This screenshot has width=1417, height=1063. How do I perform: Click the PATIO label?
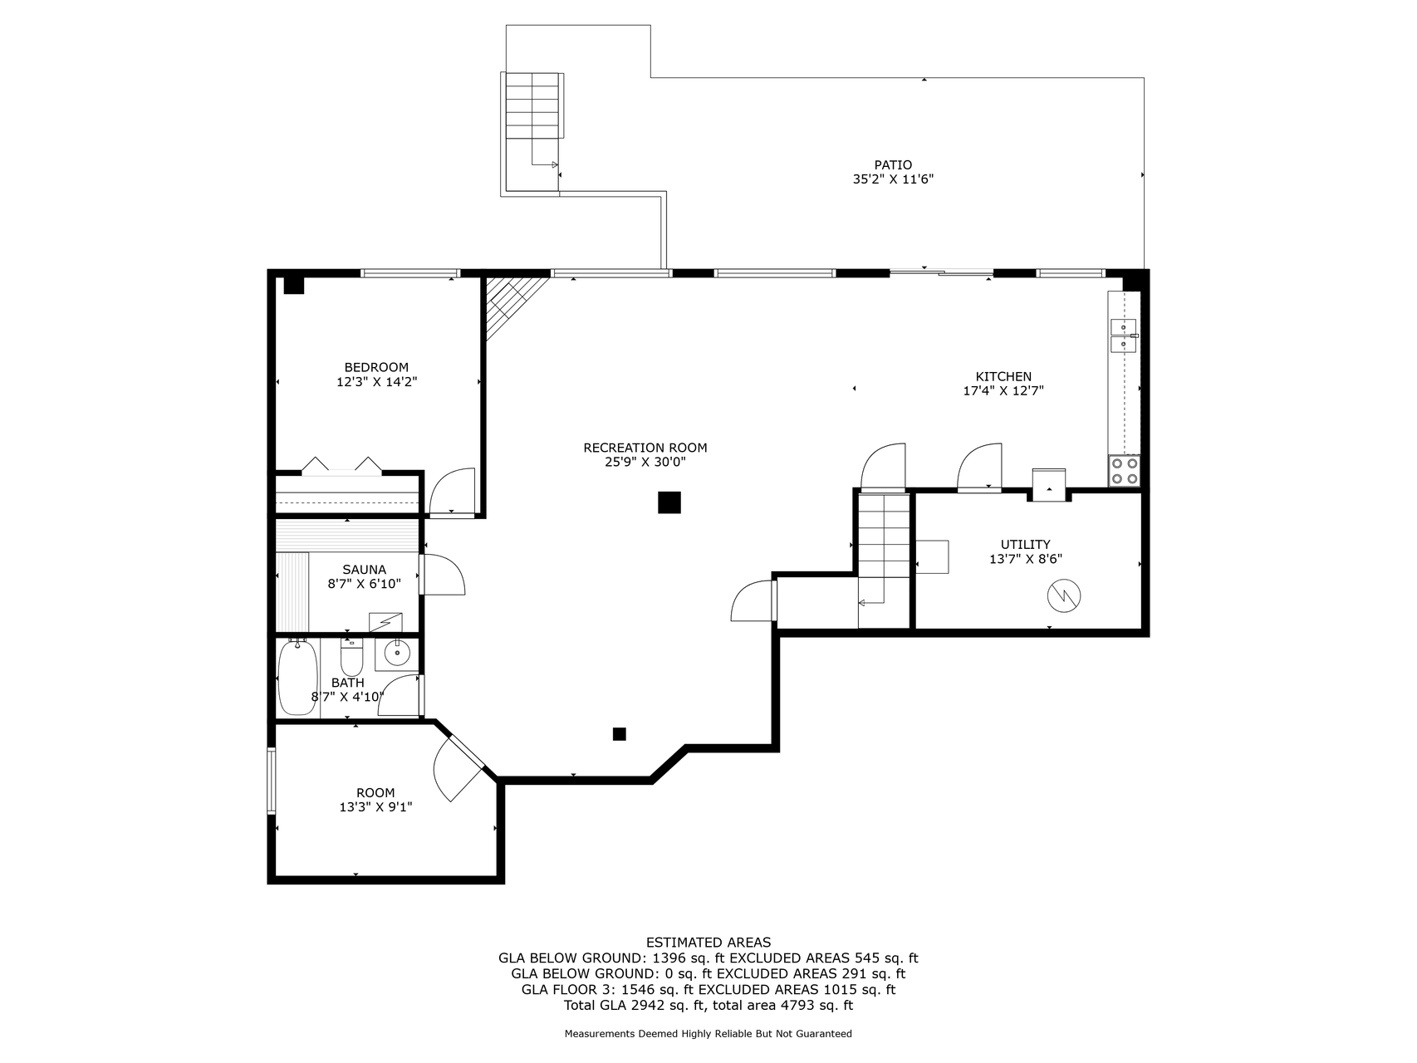click(893, 165)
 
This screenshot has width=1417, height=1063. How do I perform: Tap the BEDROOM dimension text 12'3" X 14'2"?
click(376, 382)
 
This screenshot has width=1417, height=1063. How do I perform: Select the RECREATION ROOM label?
click(645, 448)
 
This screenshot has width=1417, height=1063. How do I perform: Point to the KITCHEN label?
click(1003, 376)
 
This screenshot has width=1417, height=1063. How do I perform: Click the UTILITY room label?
click(1025, 545)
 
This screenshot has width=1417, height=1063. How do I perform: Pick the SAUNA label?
click(364, 570)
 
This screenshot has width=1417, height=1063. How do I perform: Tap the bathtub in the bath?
click(297, 677)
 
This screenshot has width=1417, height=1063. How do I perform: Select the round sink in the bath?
click(398, 654)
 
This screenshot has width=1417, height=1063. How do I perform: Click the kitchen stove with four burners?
click(1125, 471)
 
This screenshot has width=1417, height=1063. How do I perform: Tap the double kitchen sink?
click(1123, 334)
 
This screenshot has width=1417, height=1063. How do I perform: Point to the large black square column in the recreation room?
click(669, 502)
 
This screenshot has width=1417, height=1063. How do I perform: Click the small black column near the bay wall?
click(619, 734)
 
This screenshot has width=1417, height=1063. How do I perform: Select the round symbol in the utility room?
click(1062, 595)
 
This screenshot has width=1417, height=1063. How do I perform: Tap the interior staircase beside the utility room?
click(884, 548)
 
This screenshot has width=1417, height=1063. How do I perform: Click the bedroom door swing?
click(452, 492)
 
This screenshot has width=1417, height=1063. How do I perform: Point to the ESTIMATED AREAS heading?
click(708, 942)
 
